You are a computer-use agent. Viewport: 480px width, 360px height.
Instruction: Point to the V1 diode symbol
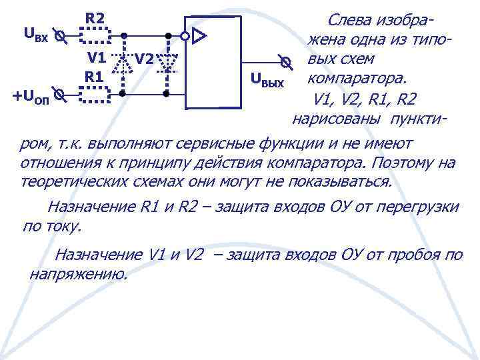click(x=122, y=62)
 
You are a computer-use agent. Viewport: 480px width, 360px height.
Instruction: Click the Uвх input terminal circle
click(x=59, y=35)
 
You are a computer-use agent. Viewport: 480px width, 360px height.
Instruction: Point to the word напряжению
click(x=78, y=273)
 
